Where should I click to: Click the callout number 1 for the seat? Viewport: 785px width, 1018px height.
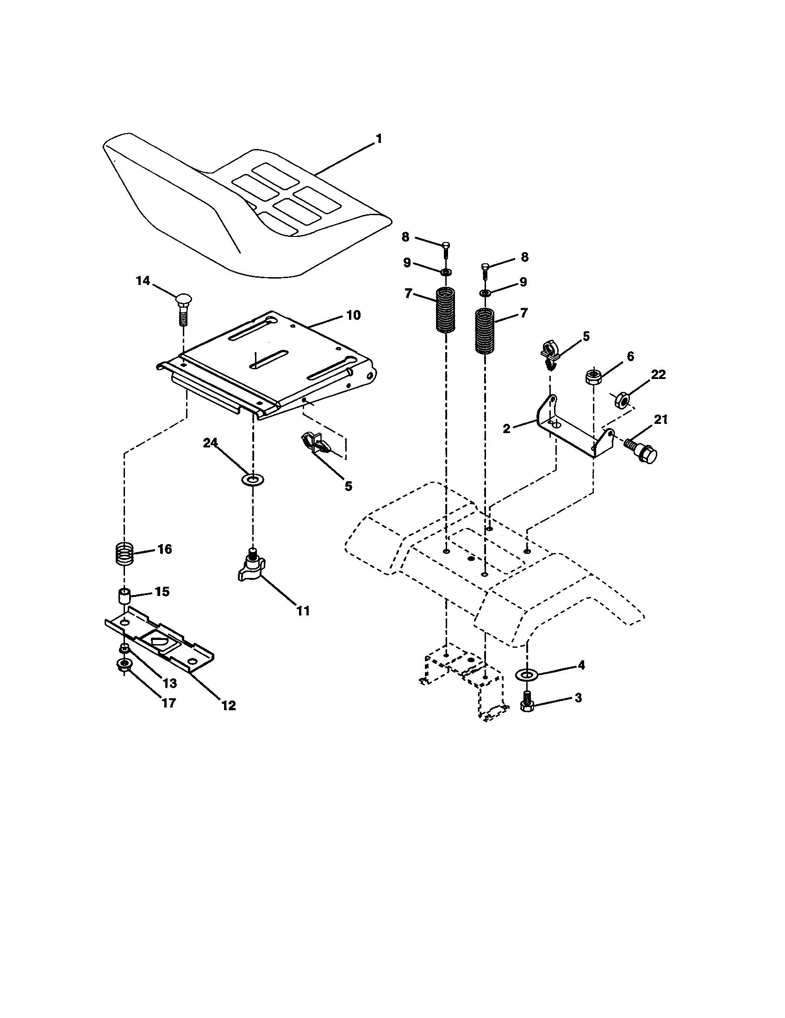(379, 139)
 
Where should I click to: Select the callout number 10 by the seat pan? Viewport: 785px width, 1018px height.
(353, 315)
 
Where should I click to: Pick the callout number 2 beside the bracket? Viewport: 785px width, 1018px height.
(507, 428)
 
